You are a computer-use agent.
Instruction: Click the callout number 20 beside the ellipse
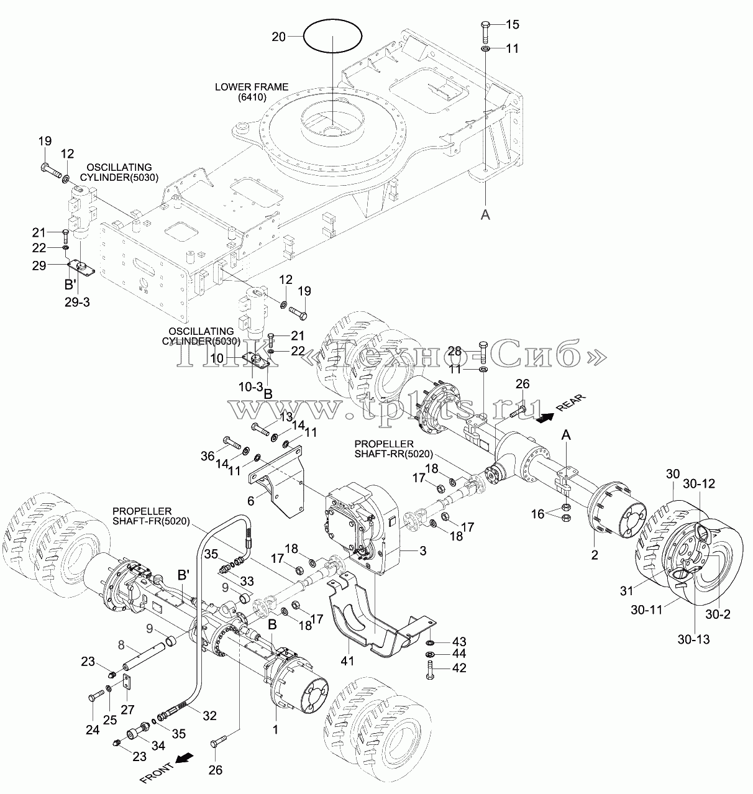278,37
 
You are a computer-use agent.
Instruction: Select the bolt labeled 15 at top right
486,31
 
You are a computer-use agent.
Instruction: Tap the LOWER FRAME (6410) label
251,92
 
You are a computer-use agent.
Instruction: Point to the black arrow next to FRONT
182,758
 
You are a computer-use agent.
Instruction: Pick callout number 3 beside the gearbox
423,551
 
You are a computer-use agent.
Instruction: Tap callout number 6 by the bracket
250,501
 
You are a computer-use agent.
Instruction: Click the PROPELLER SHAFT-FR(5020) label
151,516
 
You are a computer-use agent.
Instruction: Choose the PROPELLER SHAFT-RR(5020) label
393,449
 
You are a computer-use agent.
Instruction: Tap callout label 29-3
77,302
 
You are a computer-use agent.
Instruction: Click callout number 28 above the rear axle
454,352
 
